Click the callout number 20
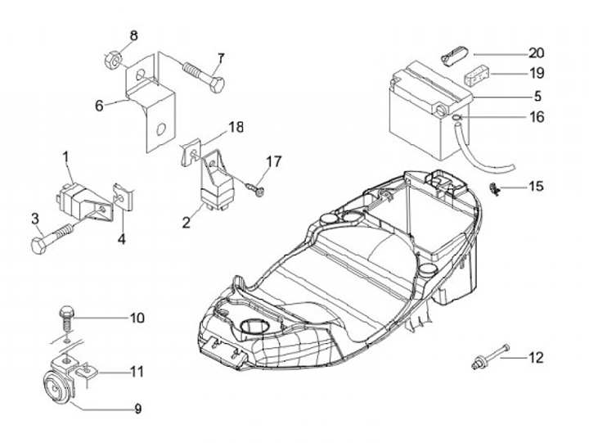point(537,52)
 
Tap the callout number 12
point(536,357)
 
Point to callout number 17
point(273,161)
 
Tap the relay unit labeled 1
point(74,194)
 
